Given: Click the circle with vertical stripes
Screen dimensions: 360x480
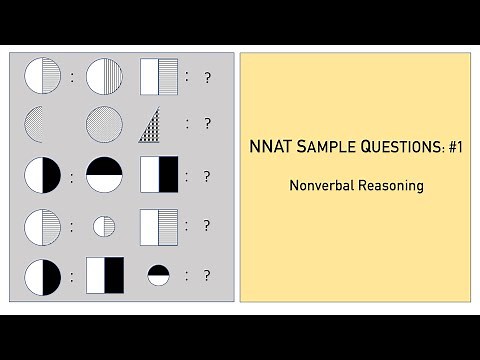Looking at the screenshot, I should click(104, 76).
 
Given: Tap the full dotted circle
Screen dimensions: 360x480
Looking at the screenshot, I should click(104, 125).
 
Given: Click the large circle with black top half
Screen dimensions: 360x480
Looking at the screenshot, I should click(104, 175).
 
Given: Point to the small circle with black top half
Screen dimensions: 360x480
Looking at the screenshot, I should click(158, 275).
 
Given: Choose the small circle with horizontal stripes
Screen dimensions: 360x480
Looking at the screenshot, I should click(104, 226).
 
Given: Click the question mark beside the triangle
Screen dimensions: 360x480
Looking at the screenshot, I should click(207, 125).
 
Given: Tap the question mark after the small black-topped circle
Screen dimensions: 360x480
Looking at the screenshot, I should click(207, 275).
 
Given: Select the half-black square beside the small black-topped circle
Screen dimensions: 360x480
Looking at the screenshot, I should click(104, 275).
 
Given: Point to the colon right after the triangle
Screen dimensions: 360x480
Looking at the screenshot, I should click(186, 125).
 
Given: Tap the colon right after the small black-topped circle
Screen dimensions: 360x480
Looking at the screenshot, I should click(186, 275).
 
